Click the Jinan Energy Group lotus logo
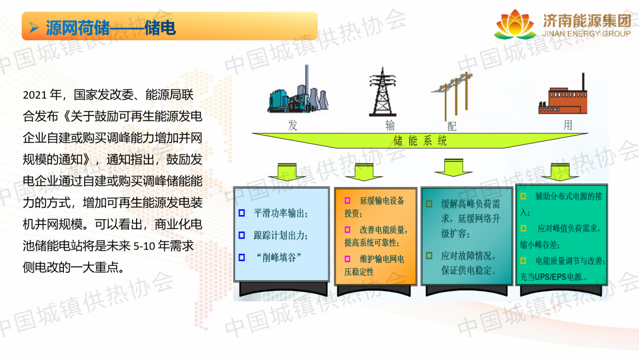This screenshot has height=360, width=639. [x=515, y=24]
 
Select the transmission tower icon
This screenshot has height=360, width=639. [x=382, y=92]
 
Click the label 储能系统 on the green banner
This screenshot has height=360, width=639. [x=419, y=141]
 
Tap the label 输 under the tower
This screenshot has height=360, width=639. [x=390, y=125]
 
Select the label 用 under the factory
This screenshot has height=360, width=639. [x=567, y=125]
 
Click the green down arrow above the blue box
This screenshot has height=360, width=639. [x=286, y=172]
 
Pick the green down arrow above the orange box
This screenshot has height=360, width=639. [x=363, y=172]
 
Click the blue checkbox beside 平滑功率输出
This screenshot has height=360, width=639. [x=241, y=213]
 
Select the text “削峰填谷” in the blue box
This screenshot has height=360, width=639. [x=279, y=257]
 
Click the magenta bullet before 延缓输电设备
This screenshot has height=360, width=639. [x=347, y=200]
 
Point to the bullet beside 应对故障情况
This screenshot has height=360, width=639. [x=429, y=256]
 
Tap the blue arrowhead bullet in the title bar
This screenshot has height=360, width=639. [x=34, y=28]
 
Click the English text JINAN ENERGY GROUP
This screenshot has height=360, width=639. [x=586, y=34]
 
